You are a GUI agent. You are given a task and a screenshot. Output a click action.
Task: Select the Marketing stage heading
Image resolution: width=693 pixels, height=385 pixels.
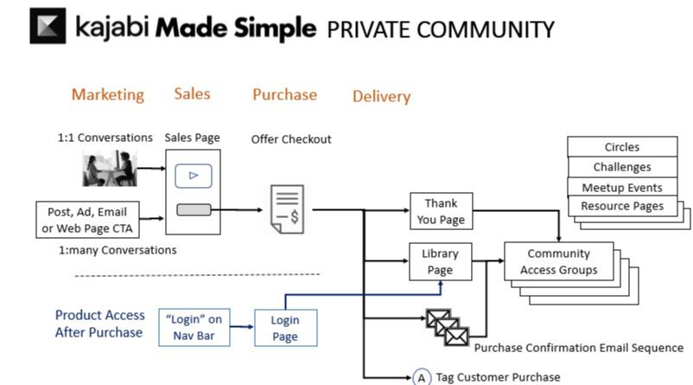[108, 94]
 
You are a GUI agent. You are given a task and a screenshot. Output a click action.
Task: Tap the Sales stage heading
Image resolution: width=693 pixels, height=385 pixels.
[192, 93]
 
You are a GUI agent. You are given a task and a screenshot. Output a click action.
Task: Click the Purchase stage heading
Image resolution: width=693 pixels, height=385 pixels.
[284, 94]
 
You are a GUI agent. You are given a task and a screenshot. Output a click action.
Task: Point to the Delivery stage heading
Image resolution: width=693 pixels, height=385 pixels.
[381, 96]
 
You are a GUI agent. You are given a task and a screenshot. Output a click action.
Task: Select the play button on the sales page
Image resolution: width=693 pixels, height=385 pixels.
[194, 176]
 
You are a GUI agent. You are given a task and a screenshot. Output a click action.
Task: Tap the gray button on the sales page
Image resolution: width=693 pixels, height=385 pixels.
[194, 209]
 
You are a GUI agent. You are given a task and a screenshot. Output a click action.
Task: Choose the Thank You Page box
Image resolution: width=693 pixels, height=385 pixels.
[441, 211]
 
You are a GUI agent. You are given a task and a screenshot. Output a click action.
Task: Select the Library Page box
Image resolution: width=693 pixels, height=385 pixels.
[441, 262]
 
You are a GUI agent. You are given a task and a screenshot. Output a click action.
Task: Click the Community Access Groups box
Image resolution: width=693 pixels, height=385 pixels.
[558, 261]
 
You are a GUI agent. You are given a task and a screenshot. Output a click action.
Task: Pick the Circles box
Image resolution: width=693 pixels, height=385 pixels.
[621, 146]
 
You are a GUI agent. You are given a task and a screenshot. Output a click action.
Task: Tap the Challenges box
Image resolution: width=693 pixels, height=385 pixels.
[621, 167]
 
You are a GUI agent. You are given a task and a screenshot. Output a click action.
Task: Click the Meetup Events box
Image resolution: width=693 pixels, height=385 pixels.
[621, 187]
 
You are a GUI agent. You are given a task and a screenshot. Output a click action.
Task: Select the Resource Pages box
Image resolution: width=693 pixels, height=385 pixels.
[621, 206]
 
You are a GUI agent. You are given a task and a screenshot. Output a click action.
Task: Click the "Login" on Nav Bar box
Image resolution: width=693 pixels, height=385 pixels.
[194, 328]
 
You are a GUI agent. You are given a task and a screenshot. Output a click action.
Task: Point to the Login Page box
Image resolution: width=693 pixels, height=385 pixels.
[285, 328]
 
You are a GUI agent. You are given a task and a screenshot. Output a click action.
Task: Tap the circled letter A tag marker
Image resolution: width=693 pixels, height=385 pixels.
[421, 377]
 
